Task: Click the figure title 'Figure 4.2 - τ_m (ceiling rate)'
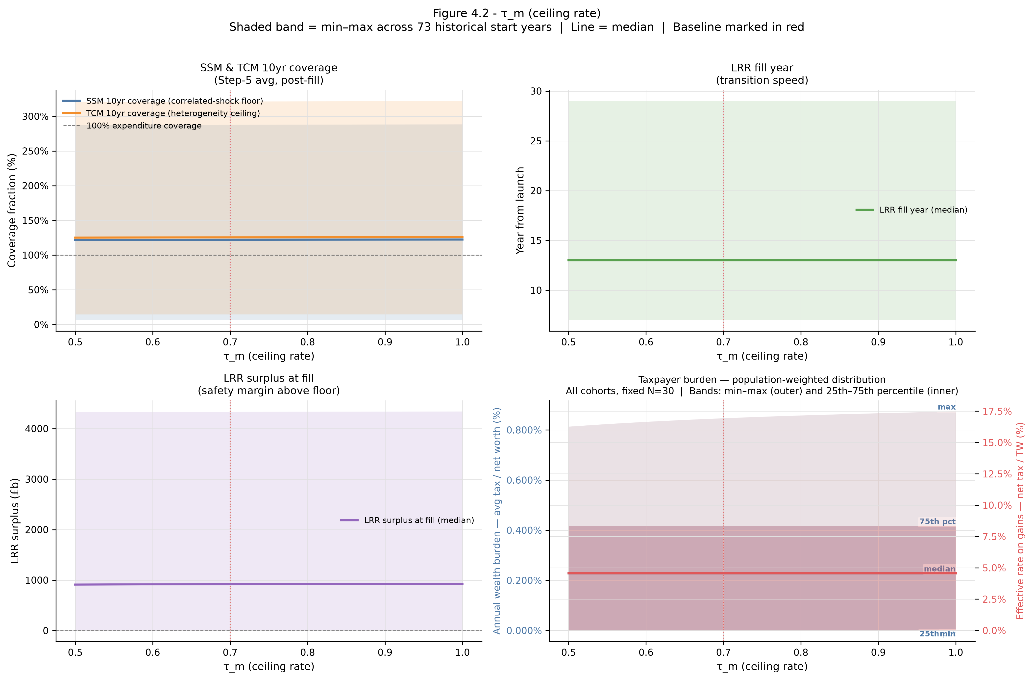[516, 13]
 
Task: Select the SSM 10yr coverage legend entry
[163, 101]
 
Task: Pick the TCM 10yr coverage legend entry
[161, 113]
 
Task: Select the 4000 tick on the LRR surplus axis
[37, 429]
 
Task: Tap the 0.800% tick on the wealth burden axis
[524, 430]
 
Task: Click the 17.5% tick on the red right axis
[997, 412]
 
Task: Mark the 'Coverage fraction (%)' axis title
[12, 210]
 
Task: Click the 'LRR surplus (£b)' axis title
[15, 521]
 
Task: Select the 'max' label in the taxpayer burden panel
[947, 407]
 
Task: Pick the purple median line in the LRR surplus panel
[269, 584]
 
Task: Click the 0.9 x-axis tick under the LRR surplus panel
[385, 652]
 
